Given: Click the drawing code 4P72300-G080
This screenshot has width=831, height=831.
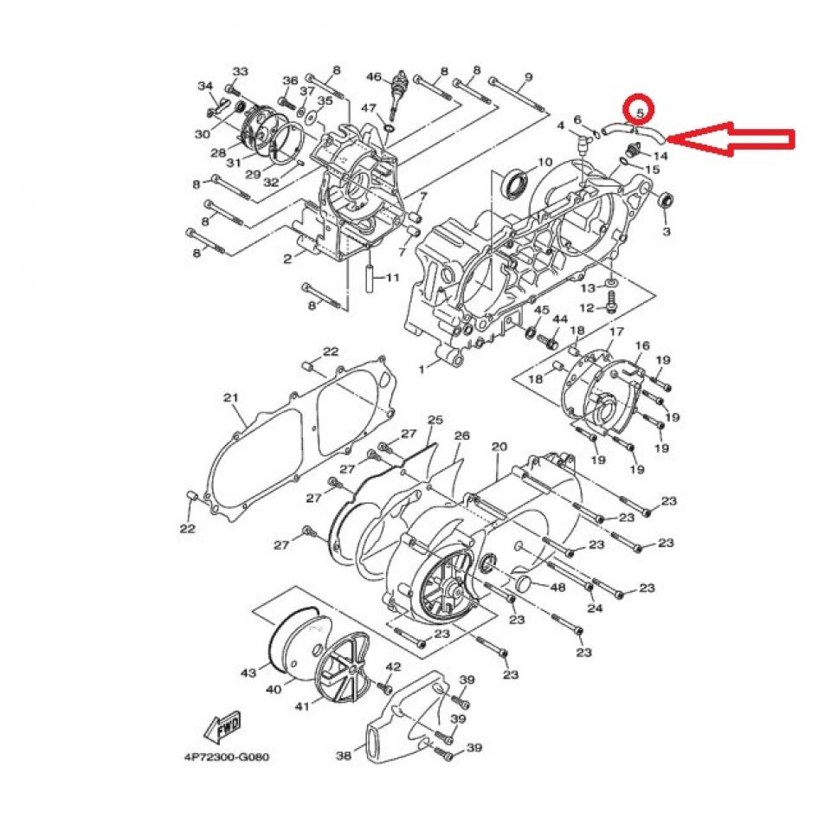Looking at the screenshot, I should [x=227, y=757].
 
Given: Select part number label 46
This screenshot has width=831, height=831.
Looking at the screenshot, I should [x=373, y=77].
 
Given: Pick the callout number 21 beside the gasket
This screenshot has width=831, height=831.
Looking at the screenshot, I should [x=230, y=397].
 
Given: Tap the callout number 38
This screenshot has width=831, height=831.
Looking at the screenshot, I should [x=344, y=756].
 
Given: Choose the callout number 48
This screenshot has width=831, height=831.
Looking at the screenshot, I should [x=557, y=588].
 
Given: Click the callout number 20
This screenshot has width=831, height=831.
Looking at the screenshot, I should [x=499, y=447].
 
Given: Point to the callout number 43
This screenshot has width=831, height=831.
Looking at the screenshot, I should [x=248, y=673].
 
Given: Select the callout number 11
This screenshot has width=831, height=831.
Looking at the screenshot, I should [x=392, y=278].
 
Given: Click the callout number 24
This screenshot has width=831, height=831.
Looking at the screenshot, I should [x=594, y=609].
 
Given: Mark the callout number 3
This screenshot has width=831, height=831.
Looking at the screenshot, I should [x=666, y=232].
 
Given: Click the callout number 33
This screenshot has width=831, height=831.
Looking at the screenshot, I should [x=241, y=71].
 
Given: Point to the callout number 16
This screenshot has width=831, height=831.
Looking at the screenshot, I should [x=641, y=345].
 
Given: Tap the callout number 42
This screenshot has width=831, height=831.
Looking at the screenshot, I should [x=394, y=667].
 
